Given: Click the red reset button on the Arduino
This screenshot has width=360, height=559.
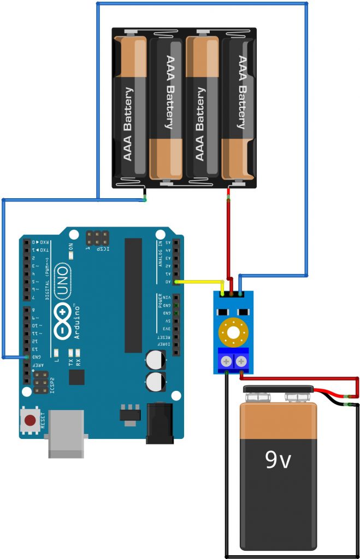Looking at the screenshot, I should (30, 420).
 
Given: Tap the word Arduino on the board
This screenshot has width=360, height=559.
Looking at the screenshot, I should (78, 322).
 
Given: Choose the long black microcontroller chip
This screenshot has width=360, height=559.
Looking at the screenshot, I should (133, 295).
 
